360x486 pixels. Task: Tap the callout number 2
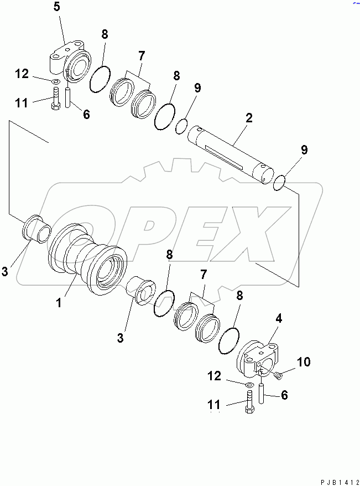click(249, 118)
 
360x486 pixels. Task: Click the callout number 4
click(279, 319)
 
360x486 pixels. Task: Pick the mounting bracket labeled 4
click(259, 359)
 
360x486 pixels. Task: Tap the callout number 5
click(57, 8)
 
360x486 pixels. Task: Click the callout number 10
click(303, 363)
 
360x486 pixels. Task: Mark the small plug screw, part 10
click(278, 376)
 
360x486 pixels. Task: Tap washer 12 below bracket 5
click(56, 82)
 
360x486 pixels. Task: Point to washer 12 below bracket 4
click(248, 384)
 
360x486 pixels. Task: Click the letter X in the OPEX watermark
click(249, 227)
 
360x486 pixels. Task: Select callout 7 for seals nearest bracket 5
click(142, 56)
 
